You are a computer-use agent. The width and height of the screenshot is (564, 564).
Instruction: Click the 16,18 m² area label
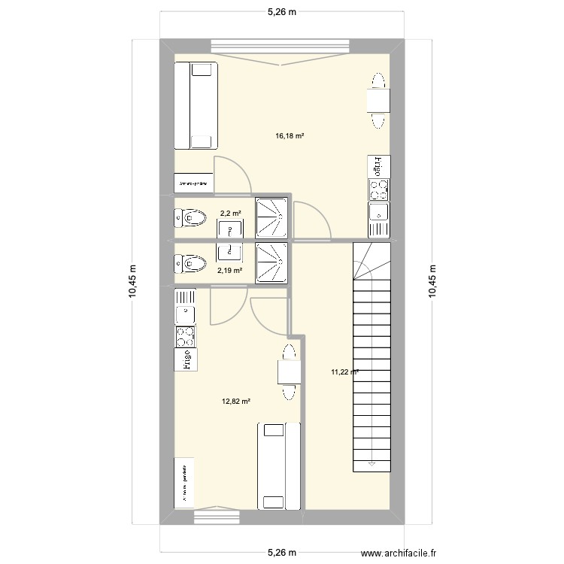point(290,136)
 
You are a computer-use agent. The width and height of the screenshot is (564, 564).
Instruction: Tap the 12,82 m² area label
point(235,401)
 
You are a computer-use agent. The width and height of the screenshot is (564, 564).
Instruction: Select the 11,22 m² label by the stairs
point(344,371)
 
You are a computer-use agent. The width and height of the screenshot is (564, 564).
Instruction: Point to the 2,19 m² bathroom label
point(230,270)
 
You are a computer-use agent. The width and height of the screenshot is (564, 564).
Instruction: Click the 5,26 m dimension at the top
point(282,12)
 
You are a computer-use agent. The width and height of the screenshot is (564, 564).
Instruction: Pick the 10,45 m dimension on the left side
point(132,282)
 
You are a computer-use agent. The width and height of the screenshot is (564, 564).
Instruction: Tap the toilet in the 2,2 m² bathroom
point(190,219)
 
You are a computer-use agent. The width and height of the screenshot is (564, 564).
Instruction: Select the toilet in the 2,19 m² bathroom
point(190,263)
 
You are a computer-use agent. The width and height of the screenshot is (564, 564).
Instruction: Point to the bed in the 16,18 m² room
point(196,105)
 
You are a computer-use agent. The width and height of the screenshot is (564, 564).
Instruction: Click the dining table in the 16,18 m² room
point(378,100)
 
